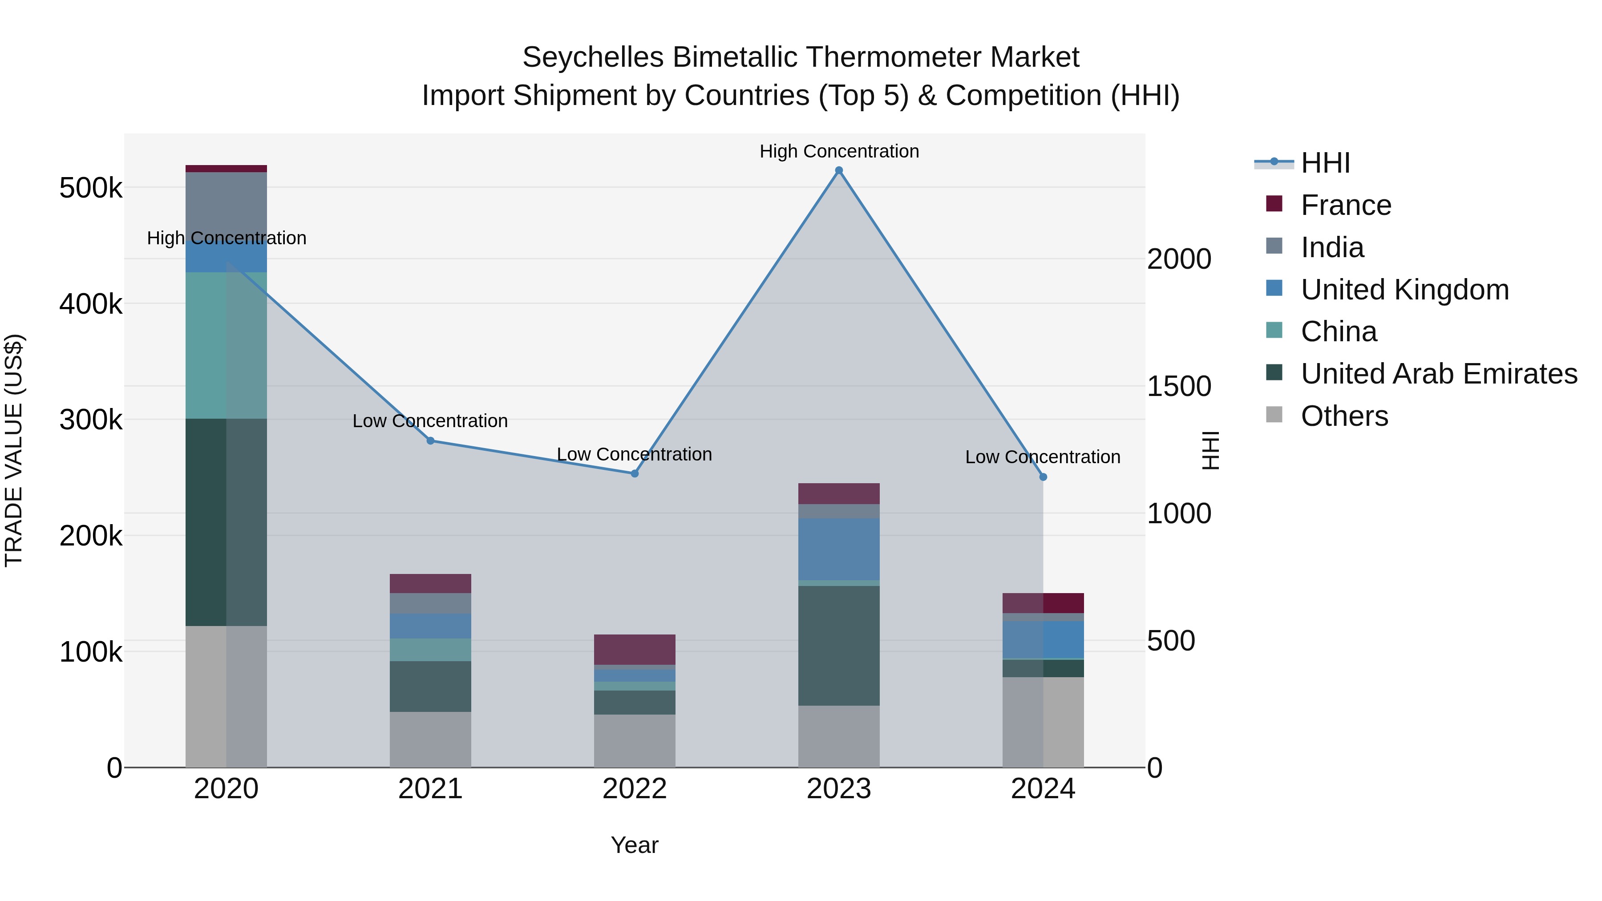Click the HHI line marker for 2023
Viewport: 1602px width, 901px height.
(x=839, y=170)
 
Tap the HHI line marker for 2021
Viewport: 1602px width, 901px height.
(x=430, y=441)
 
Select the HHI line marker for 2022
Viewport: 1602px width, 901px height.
(x=634, y=474)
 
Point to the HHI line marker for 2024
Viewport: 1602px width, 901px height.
(x=1043, y=477)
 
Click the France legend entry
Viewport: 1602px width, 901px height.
(x=1345, y=205)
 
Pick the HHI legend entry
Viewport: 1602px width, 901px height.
(x=1325, y=163)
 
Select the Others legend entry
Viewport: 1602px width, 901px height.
(x=1344, y=416)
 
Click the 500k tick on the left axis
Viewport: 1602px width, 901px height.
(x=91, y=188)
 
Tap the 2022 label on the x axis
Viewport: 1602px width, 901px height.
(x=634, y=789)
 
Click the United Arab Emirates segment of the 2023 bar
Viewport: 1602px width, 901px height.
(x=839, y=646)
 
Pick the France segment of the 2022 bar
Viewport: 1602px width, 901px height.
(x=634, y=649)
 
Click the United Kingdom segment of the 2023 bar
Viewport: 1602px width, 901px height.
(x=839, y=549)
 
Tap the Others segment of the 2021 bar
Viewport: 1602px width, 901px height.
(x=430, y=739)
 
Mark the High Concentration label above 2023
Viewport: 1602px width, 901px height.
(x=839, y=151)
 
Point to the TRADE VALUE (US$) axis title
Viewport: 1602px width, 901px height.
(x=14, y=450)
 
